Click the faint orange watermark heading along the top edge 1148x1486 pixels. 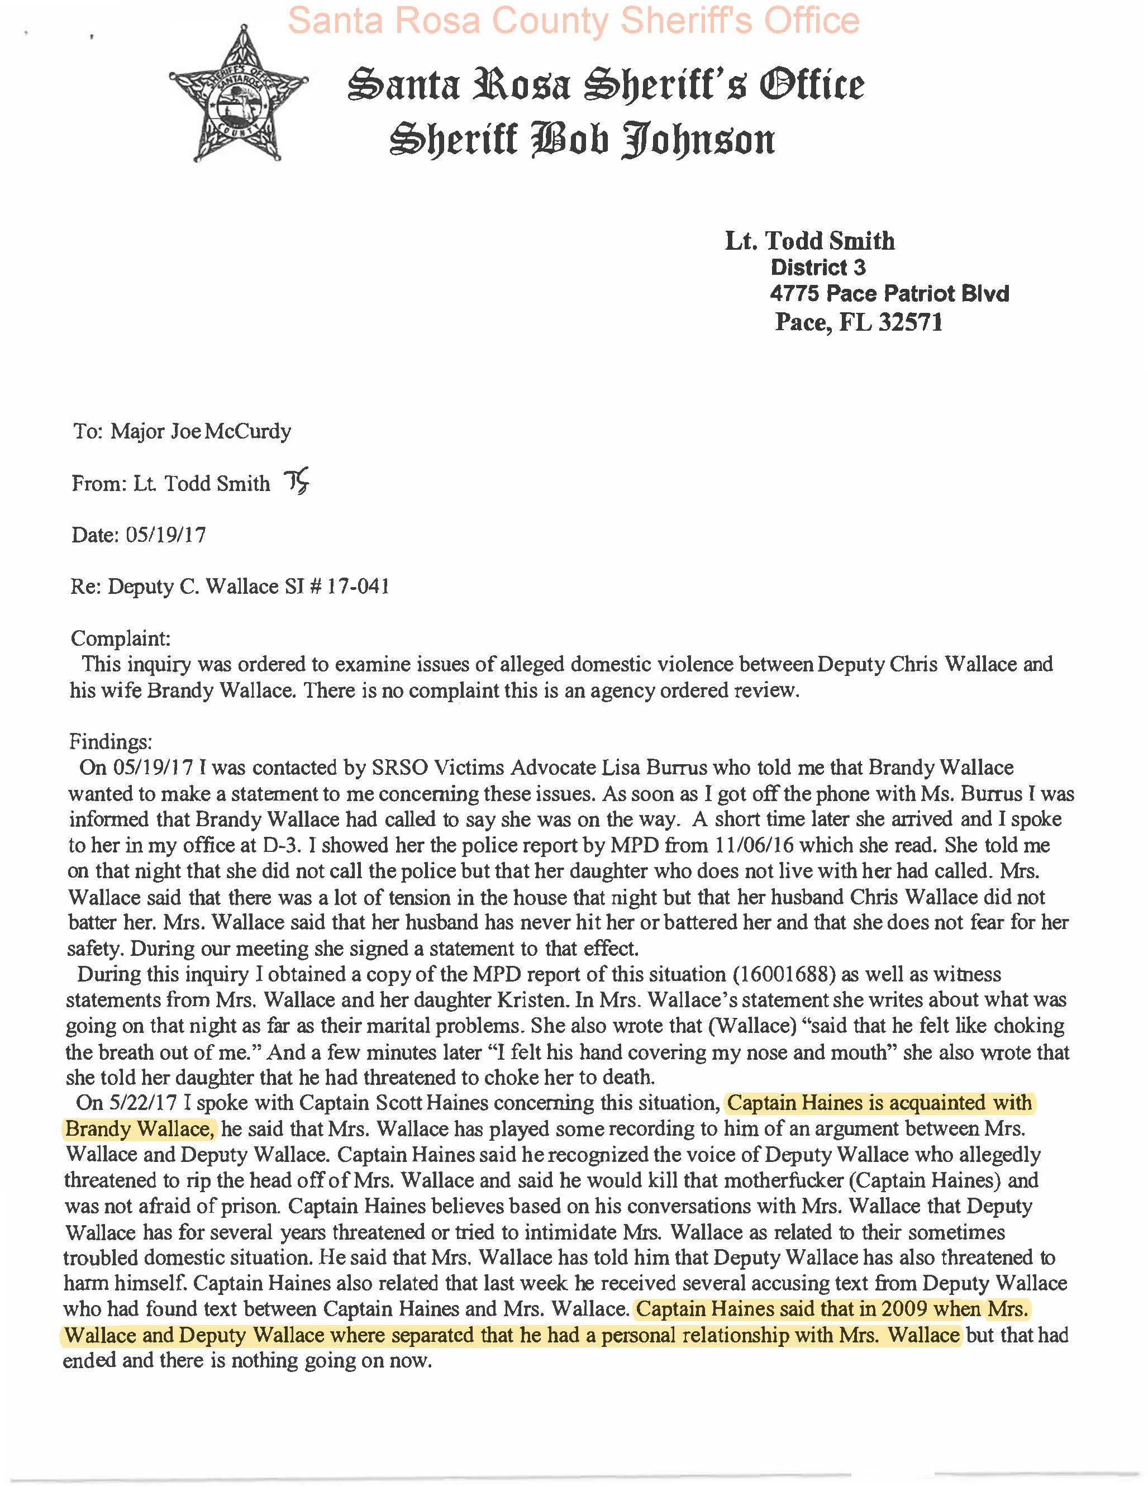pyautogui.click(x=574, y=21)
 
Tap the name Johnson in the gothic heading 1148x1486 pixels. pyautogui.click(x=698, y=140)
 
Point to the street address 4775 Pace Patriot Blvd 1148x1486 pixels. pyautogui.click(x=889, y=294)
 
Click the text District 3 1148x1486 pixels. pyautogui.click(x=817, y=268)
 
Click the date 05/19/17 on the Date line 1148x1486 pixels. pyautogui.click(x=165, y=535)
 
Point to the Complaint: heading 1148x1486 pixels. pyautogui.click(x=121, y=638)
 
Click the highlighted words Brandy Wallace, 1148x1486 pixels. pyautogui.click(x=140, y=1129)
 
